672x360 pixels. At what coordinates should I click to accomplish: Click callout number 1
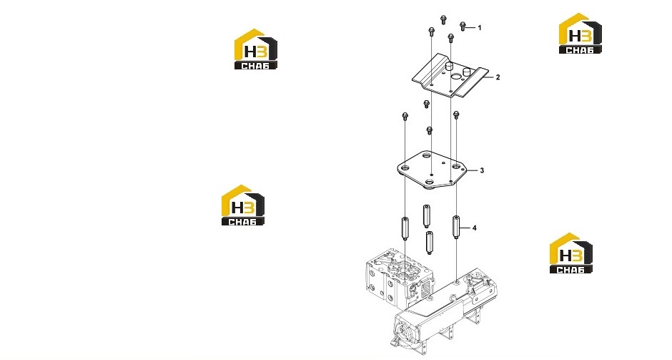coord(480,28)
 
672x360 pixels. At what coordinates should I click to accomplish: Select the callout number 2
coord(498,77)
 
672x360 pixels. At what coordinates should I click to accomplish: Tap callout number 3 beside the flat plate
coord(482,170)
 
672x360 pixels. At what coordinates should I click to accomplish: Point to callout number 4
coord(475,228)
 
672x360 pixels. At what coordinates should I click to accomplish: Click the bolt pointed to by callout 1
coord(463,26)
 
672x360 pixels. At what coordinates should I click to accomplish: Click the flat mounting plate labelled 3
coord(432,170)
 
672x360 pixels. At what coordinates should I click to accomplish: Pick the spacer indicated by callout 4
coord(456,228)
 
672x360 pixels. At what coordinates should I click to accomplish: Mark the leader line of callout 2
coord(487,77)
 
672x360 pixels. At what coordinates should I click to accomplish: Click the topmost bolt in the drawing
coord(443,19)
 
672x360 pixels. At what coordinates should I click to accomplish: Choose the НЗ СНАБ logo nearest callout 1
coord(580,34)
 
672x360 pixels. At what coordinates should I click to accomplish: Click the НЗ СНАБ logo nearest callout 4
coord(571,253)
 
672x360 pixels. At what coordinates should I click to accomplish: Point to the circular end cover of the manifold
coord(405,332)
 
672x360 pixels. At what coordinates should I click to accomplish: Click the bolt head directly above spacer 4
coord(456,115)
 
